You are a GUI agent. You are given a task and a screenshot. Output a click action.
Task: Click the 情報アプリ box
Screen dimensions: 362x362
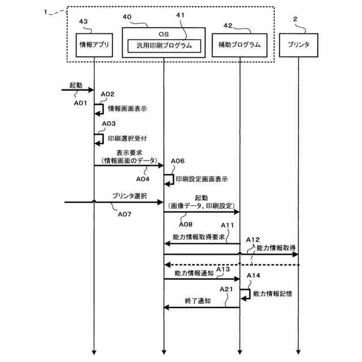coord(94,45)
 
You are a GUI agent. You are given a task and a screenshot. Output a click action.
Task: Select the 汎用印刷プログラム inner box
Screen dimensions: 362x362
coord(164,46)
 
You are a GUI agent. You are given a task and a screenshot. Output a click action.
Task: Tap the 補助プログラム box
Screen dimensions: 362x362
coord(240,45)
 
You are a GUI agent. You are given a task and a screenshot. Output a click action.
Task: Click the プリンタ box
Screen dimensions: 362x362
coord(299,45)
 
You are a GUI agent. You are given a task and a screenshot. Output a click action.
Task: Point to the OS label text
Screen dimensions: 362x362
coord(163,34)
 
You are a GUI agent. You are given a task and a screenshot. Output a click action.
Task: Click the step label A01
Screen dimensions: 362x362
coord(80,103)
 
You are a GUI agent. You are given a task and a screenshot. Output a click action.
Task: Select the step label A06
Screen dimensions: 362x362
coord(178,161)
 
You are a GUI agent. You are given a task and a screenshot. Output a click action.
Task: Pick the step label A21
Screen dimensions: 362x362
coord(226,289)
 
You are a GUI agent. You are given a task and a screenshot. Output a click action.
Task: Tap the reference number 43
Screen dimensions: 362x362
coord(83,21)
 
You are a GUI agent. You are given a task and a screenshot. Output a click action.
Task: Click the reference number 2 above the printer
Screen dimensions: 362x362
coord(295,19)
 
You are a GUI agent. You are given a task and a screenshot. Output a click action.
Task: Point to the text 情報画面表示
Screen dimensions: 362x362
coord(127,109)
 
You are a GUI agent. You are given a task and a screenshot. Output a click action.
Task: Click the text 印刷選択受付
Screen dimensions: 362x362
coord(127,138)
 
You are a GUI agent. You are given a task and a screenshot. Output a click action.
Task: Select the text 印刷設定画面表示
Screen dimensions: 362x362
coord(202,179)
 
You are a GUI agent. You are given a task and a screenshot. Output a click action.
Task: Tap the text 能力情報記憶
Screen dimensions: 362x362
coord(273,294)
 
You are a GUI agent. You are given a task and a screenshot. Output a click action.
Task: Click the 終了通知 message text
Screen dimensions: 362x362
coord(198,300)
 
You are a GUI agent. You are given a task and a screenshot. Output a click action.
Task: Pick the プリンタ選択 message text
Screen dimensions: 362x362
coord(130,196)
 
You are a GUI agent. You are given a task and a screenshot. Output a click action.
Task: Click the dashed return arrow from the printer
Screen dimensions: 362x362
coord(232,265)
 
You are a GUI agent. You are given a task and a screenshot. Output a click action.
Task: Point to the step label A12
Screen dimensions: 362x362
coord(253,240)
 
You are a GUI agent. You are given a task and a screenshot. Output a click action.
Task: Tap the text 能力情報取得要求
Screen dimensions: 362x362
coord(199,237)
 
